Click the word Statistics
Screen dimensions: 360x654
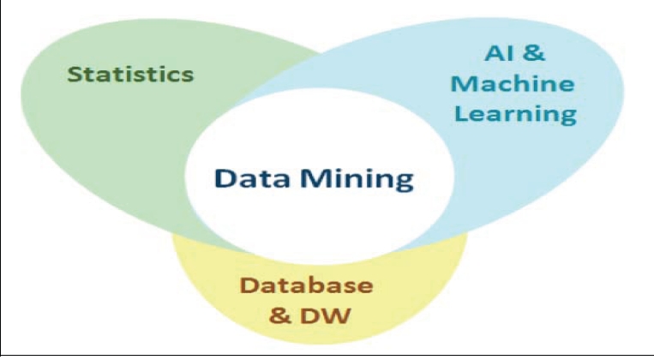(130, 73)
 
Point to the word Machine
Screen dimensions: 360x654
(513, 84)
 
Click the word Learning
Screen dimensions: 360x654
(513, 113)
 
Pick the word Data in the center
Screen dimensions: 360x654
(249, 180)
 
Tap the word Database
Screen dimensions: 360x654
(306, 285)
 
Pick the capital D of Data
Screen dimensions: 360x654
(225, 180)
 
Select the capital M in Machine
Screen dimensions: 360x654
(464, 84)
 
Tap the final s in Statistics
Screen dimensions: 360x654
(187, 75)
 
